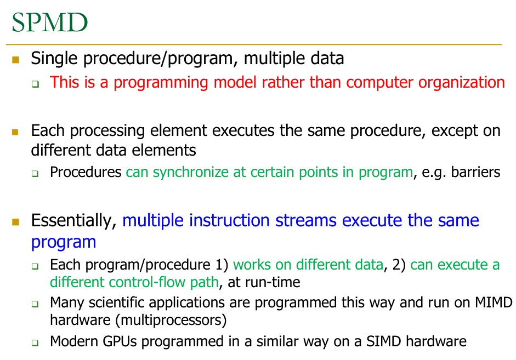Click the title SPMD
click(50, 22)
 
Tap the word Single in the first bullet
click(54, 59)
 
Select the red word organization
click(461, 83)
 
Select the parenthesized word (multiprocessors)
click(171, 320)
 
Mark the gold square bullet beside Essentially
click(15, 222)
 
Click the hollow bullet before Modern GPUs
click(35, 343)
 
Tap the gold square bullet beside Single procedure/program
click(15, 60)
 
